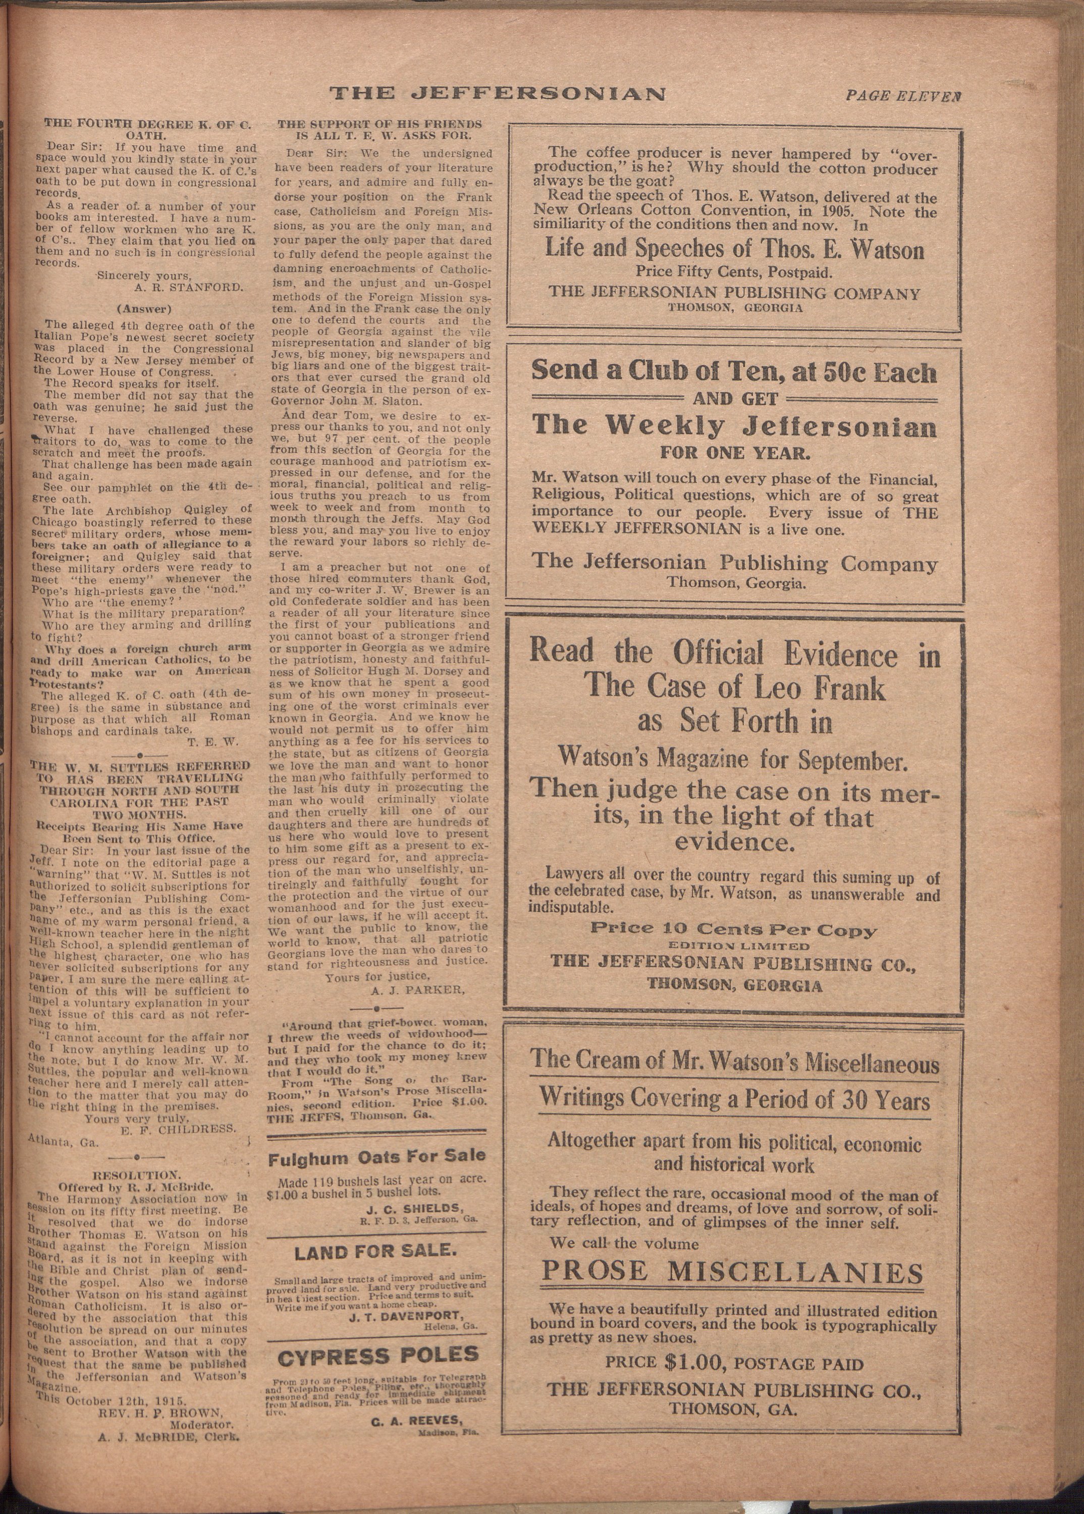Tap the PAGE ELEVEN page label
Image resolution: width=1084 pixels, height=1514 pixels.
[x=903, y=96]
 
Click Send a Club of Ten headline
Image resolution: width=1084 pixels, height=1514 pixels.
[x=734, y=372]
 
